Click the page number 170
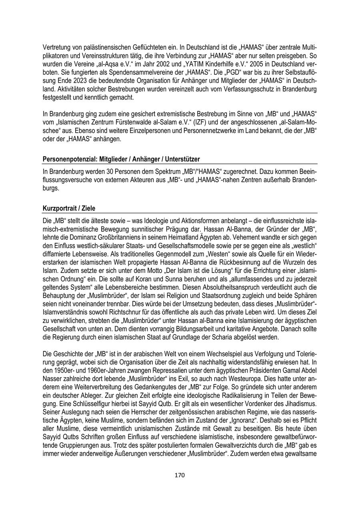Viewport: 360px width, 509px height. click(180, 475)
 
